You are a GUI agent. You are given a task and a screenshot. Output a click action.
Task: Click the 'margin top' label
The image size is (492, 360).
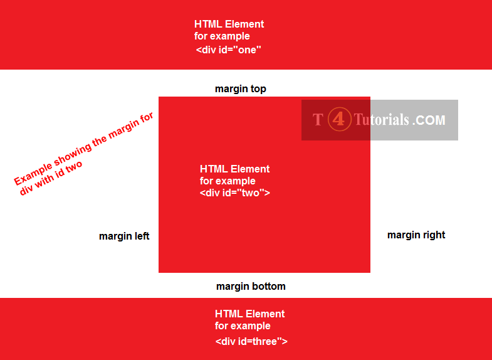coord(241,89)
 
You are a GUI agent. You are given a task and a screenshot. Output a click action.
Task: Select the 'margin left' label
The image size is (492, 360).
coord(124,236)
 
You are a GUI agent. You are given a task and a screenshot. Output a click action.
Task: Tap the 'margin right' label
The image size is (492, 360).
coord(416,235)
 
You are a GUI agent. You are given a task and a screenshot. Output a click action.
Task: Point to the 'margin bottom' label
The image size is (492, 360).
coord(251,287)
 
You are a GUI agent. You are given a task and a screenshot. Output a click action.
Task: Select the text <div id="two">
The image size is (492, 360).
coord(234,193)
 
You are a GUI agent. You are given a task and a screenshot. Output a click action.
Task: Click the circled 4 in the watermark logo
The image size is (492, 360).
coord(339,119)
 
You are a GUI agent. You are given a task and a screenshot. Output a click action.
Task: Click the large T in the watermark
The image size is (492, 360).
coord(318,119)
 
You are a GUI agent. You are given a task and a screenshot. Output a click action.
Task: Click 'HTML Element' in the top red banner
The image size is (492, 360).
coord(229,24)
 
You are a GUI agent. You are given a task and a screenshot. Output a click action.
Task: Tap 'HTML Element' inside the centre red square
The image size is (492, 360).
coord(234,169)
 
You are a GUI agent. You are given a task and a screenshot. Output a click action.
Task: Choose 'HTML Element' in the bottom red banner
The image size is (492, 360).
coord(249,314)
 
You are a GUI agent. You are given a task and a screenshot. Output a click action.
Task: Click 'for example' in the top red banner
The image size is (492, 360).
coord(222,36)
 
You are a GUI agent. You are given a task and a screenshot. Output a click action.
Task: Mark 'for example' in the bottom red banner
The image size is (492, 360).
coord(243,326)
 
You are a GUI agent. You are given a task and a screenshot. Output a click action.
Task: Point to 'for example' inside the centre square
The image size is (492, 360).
coord(228,181)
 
